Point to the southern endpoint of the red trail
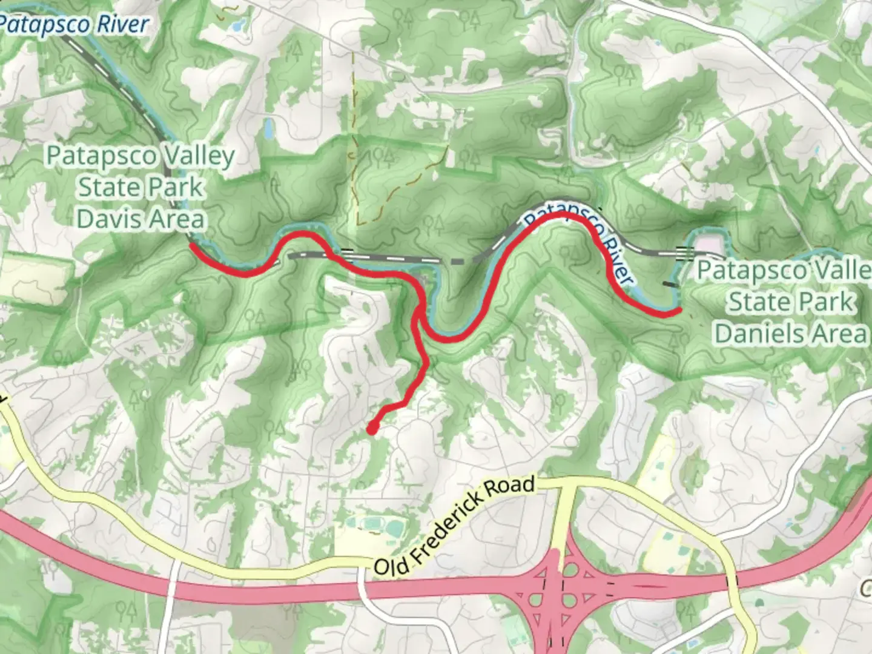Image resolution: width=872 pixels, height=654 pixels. (x=371, y=429)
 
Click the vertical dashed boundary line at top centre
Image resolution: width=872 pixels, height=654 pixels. (x=352, y=121)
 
